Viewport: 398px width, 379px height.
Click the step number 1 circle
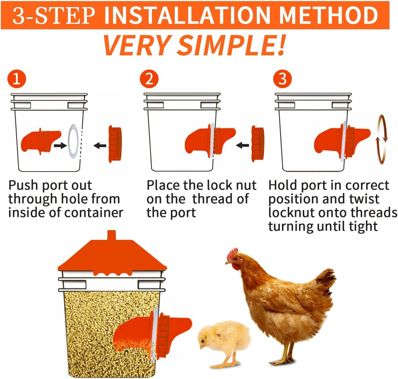click(17, 79)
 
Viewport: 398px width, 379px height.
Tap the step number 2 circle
click(149, 79)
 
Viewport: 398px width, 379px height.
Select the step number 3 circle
click(282, 79)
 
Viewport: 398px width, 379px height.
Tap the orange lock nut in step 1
click(115, 144)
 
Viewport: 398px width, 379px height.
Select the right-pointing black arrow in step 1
click(60, 145)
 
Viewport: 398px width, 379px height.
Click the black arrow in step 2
click(242, 145)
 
